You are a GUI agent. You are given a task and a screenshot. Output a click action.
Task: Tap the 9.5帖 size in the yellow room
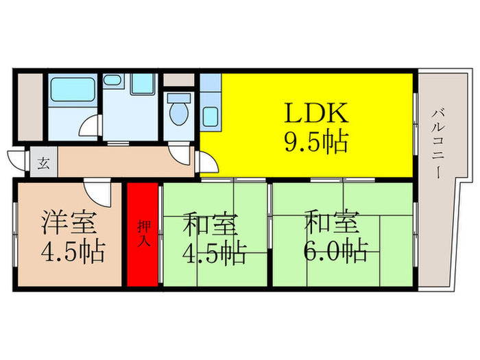coord(317,143)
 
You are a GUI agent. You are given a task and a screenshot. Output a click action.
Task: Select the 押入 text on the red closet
coord(144,234)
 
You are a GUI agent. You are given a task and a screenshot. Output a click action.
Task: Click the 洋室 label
coord(71,223)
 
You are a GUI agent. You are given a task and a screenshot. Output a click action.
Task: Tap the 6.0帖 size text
coord(335,251)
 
